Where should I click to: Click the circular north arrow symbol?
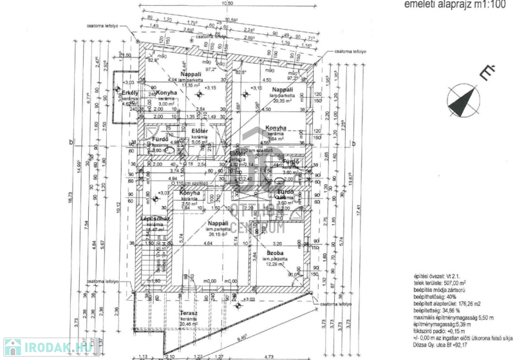tap(465, 101)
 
